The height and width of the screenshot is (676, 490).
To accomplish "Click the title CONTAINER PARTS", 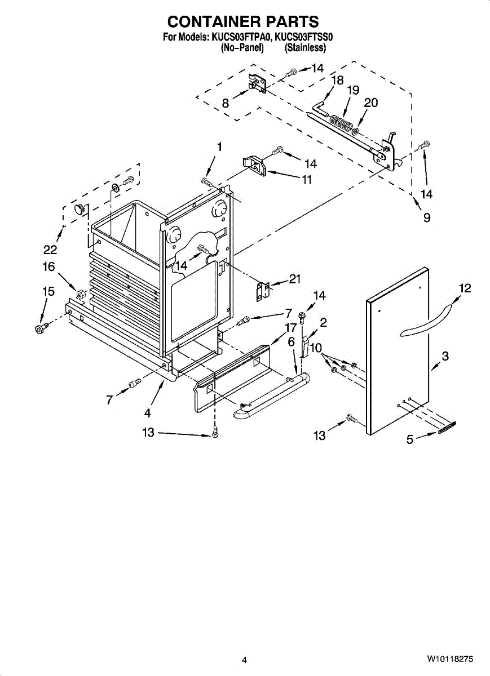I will click(244, 21).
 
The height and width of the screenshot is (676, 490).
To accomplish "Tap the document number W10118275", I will click(449, 659).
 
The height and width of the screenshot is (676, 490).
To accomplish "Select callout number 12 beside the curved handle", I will click(465, 288).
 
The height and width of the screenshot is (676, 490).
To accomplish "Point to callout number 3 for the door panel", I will click(445, 357).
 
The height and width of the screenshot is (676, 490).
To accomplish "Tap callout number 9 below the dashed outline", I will click(427, 217).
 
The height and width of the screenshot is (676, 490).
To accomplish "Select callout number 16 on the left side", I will click(49, 266).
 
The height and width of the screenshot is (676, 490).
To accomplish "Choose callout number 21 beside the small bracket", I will click(294, 279).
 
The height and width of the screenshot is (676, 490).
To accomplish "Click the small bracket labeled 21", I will click(263, 291).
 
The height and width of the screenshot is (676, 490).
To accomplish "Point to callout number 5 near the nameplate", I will click(410, 439).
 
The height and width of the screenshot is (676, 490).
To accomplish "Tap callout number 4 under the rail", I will click(147, 412).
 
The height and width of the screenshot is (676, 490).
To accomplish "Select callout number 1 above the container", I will click(219, 147).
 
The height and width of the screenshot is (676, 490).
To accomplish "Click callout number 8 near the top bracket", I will click(226, 103).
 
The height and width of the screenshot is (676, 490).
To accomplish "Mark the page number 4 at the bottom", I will click(244, 660).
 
